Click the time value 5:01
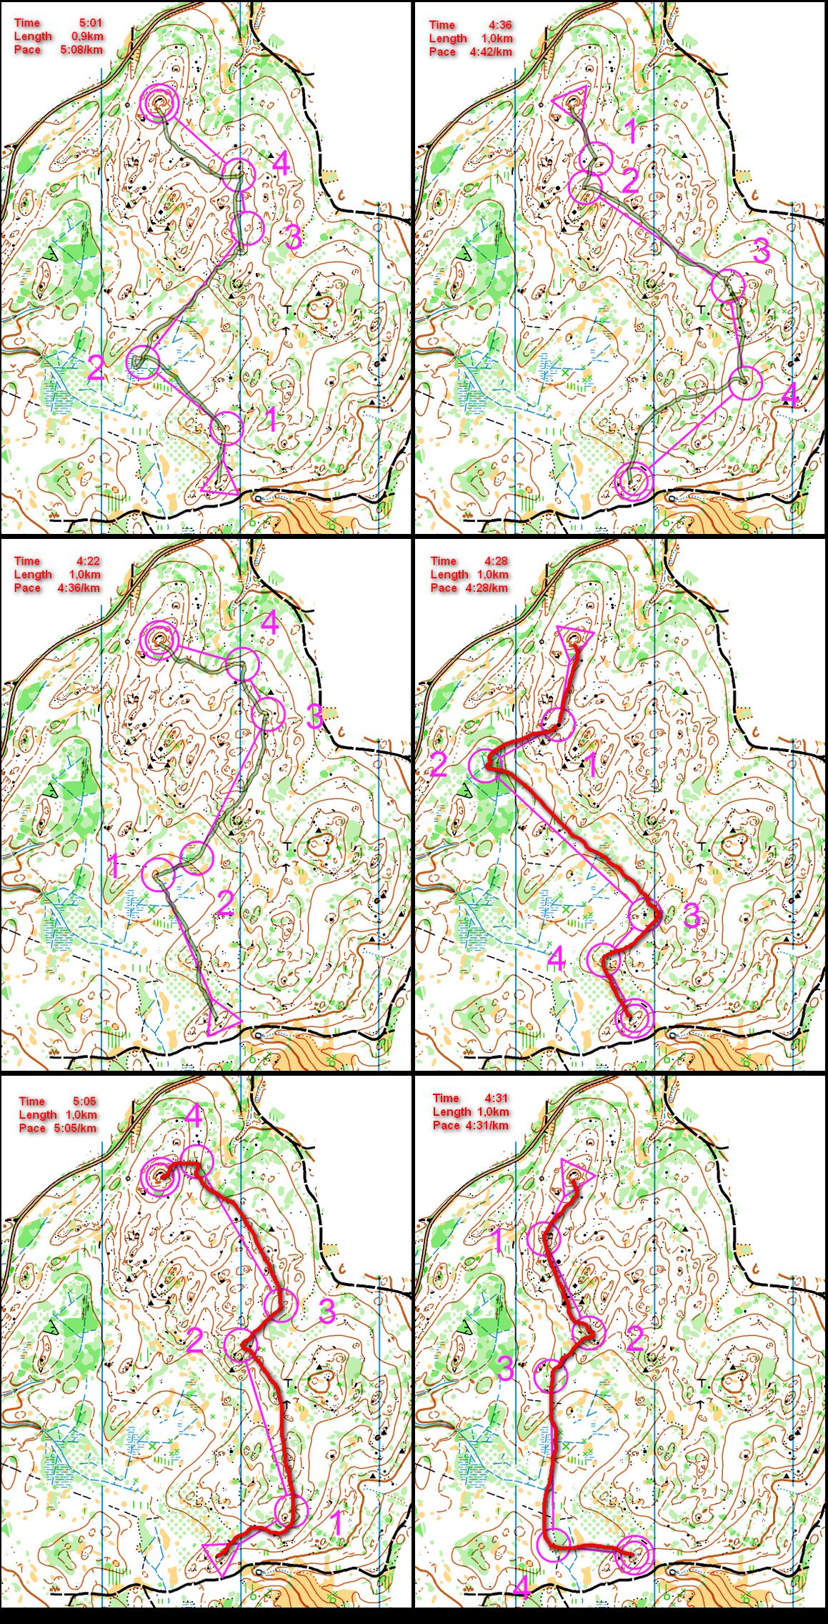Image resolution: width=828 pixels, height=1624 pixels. (90, 23)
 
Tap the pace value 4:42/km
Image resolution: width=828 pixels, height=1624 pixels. (490, 51)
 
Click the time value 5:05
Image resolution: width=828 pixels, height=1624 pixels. (84, 1101)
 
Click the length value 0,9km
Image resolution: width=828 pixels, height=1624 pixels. (86, 36)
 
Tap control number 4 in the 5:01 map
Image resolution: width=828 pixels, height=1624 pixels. (281, 163)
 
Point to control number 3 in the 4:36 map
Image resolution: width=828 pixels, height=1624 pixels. (761, 250)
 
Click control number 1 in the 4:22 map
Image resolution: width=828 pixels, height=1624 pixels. (113, 866)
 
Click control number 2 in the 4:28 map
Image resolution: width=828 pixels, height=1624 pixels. (439, 765)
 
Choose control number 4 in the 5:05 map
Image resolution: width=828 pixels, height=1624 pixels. (194, 1116)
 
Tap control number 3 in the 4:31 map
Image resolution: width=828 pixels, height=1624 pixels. (504, 1367)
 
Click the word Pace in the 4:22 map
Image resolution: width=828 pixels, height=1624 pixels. (27, 588)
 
